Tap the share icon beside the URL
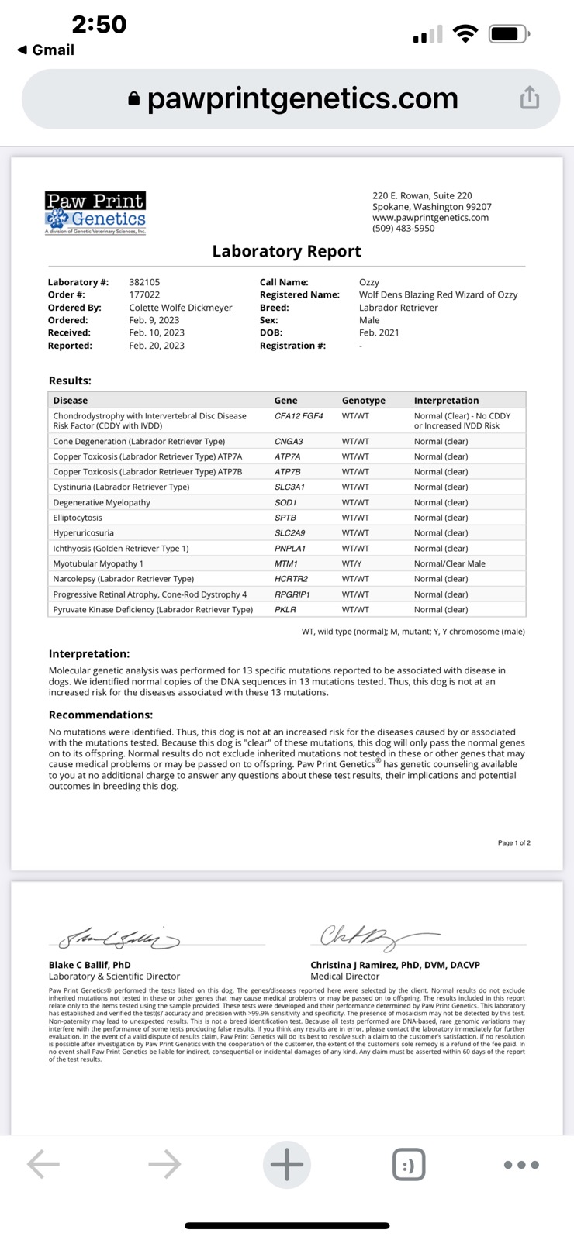click(530, 98)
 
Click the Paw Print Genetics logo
click(95, 212)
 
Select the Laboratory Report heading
click(286, 251)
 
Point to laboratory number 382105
click(144, 282)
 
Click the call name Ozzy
click(369, 282)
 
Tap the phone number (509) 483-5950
click(403, 229)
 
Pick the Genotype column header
click(363, 401)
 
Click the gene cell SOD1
click(285, 502)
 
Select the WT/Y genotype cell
click(352, 563)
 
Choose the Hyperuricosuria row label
click(83, 533)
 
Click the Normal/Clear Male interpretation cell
click(449, 563)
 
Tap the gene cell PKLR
click(285, 610)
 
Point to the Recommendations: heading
click(101, 715)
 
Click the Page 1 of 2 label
click(513, 842)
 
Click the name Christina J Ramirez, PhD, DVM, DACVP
click(395, 965)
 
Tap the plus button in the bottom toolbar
click(287, 1164)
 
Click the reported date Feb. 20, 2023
click(157, 346)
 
